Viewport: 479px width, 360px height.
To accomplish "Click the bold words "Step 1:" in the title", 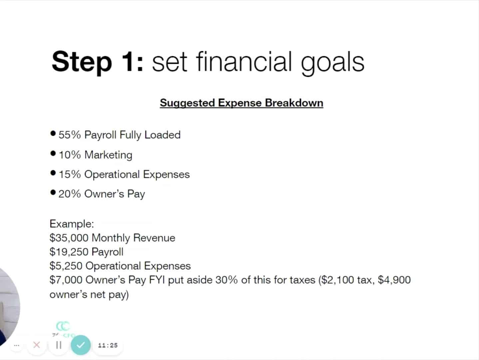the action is pos(98,62).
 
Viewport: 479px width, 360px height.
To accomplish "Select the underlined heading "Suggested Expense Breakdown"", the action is pos(241,103).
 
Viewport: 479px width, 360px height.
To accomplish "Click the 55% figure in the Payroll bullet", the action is pos(70,135).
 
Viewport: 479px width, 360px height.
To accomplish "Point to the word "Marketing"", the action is pos(108,155).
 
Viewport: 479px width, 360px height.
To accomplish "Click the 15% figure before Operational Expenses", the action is pos(70,174).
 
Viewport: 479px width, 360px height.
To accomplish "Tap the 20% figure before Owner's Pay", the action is pos(70,194).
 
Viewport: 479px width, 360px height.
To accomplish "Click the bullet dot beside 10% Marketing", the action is pos(53,153).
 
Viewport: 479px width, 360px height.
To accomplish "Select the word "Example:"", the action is pos(72,224).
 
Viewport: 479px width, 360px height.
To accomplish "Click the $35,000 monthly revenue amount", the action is pos(69,238).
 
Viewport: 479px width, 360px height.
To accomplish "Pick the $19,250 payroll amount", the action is pos(69,252).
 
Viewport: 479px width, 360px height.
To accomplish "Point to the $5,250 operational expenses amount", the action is pos(66,266).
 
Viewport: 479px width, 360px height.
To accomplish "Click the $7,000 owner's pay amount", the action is pos(66,280).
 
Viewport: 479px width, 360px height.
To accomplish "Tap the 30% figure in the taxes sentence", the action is pos(227,280).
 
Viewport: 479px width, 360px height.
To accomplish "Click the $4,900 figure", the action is pos(394,280).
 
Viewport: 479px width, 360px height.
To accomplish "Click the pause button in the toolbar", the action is pos(59,345).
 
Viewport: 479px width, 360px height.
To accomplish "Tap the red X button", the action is pos(37,345).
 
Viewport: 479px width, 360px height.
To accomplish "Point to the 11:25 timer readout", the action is pos(108,345).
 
